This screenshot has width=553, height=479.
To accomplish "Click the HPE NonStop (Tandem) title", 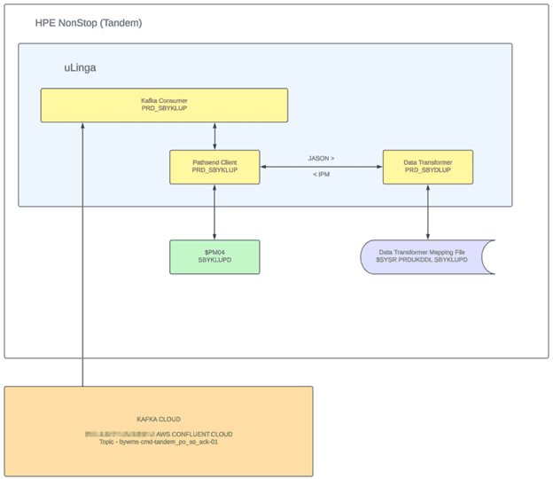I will (88, 22).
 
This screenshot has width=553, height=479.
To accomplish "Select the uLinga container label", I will (79, 67).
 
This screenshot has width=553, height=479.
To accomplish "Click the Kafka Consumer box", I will (164, 105).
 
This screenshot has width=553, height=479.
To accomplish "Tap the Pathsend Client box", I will (215, 167).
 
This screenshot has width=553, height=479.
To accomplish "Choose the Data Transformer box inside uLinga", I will (428, 167).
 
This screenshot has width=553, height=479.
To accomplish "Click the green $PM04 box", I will (215, 256).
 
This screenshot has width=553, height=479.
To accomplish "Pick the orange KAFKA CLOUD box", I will (159, 431).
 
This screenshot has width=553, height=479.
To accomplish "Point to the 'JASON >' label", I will (321, 159).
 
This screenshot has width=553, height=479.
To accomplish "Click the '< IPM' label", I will (322, 173).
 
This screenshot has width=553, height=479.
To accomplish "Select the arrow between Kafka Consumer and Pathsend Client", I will (215, 136).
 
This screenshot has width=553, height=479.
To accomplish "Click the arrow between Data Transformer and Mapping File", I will (428, 212).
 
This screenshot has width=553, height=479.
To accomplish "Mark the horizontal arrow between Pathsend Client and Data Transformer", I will (322, 167).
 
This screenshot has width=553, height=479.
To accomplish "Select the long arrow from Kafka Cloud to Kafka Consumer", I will (82, 257).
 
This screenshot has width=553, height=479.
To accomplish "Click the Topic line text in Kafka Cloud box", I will (159, 441).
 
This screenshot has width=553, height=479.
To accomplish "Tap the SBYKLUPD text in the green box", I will (215, 262).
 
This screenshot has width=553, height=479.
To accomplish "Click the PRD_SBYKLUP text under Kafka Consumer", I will (164, 109).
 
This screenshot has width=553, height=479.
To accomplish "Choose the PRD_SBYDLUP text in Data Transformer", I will (428, 171).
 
